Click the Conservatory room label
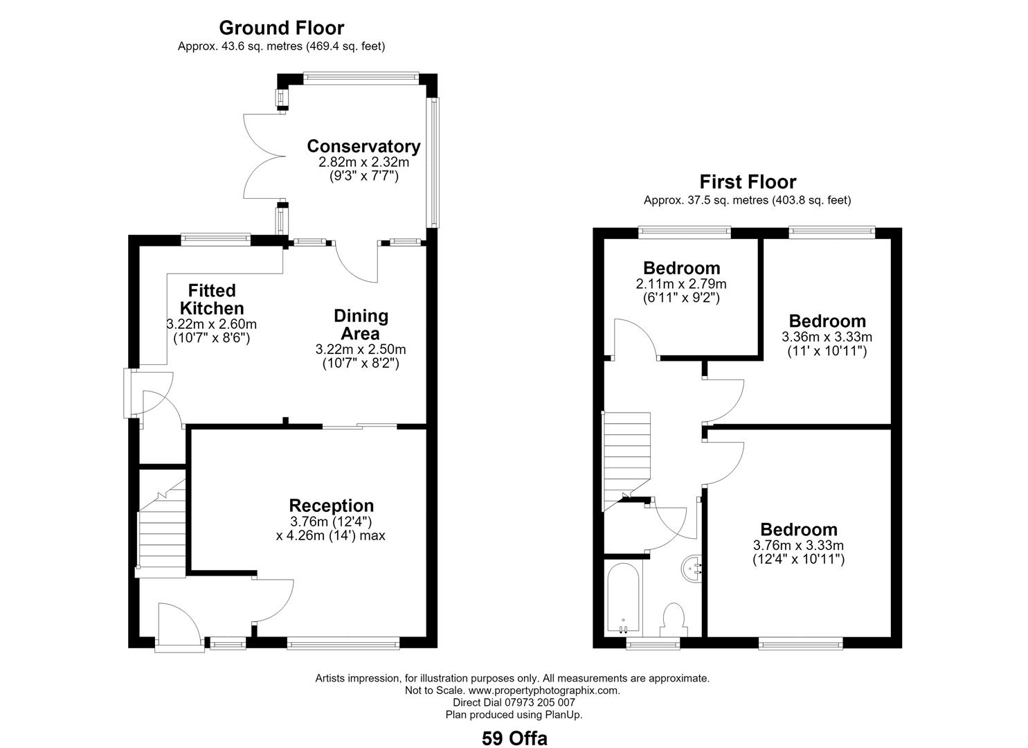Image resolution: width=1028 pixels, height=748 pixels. click(x=363, y=146)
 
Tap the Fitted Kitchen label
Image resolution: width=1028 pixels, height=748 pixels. click(x=212, y=299)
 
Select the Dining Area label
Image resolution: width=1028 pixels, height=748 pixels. click(x=361, y=324)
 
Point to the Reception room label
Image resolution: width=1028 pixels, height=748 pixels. click(x=332, y=506)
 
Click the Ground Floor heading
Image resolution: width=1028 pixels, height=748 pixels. click(x=281, y=28)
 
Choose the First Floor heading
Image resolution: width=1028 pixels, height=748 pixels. click(x=748, y=182)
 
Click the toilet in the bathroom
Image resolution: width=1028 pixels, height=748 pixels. click(x=674, y=620)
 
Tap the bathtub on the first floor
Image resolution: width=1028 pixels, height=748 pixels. click(x=623, y=600)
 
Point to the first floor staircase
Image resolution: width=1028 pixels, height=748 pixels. click(x=626, y=461)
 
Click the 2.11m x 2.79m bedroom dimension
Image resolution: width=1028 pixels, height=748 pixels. click(x=681, y=284)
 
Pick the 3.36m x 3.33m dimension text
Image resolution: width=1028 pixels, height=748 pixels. click(x=827, y=337)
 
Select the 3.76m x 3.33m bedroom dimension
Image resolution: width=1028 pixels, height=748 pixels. click(x=799, y=546)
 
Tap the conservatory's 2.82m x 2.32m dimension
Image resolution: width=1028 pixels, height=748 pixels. click(x=363, y=162)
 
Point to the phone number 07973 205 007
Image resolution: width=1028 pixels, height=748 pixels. click(x=540, y=702)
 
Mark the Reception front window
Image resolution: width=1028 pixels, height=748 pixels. click(x=343, y=643)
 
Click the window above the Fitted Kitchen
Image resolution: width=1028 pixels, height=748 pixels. click(x=216, y=239)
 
